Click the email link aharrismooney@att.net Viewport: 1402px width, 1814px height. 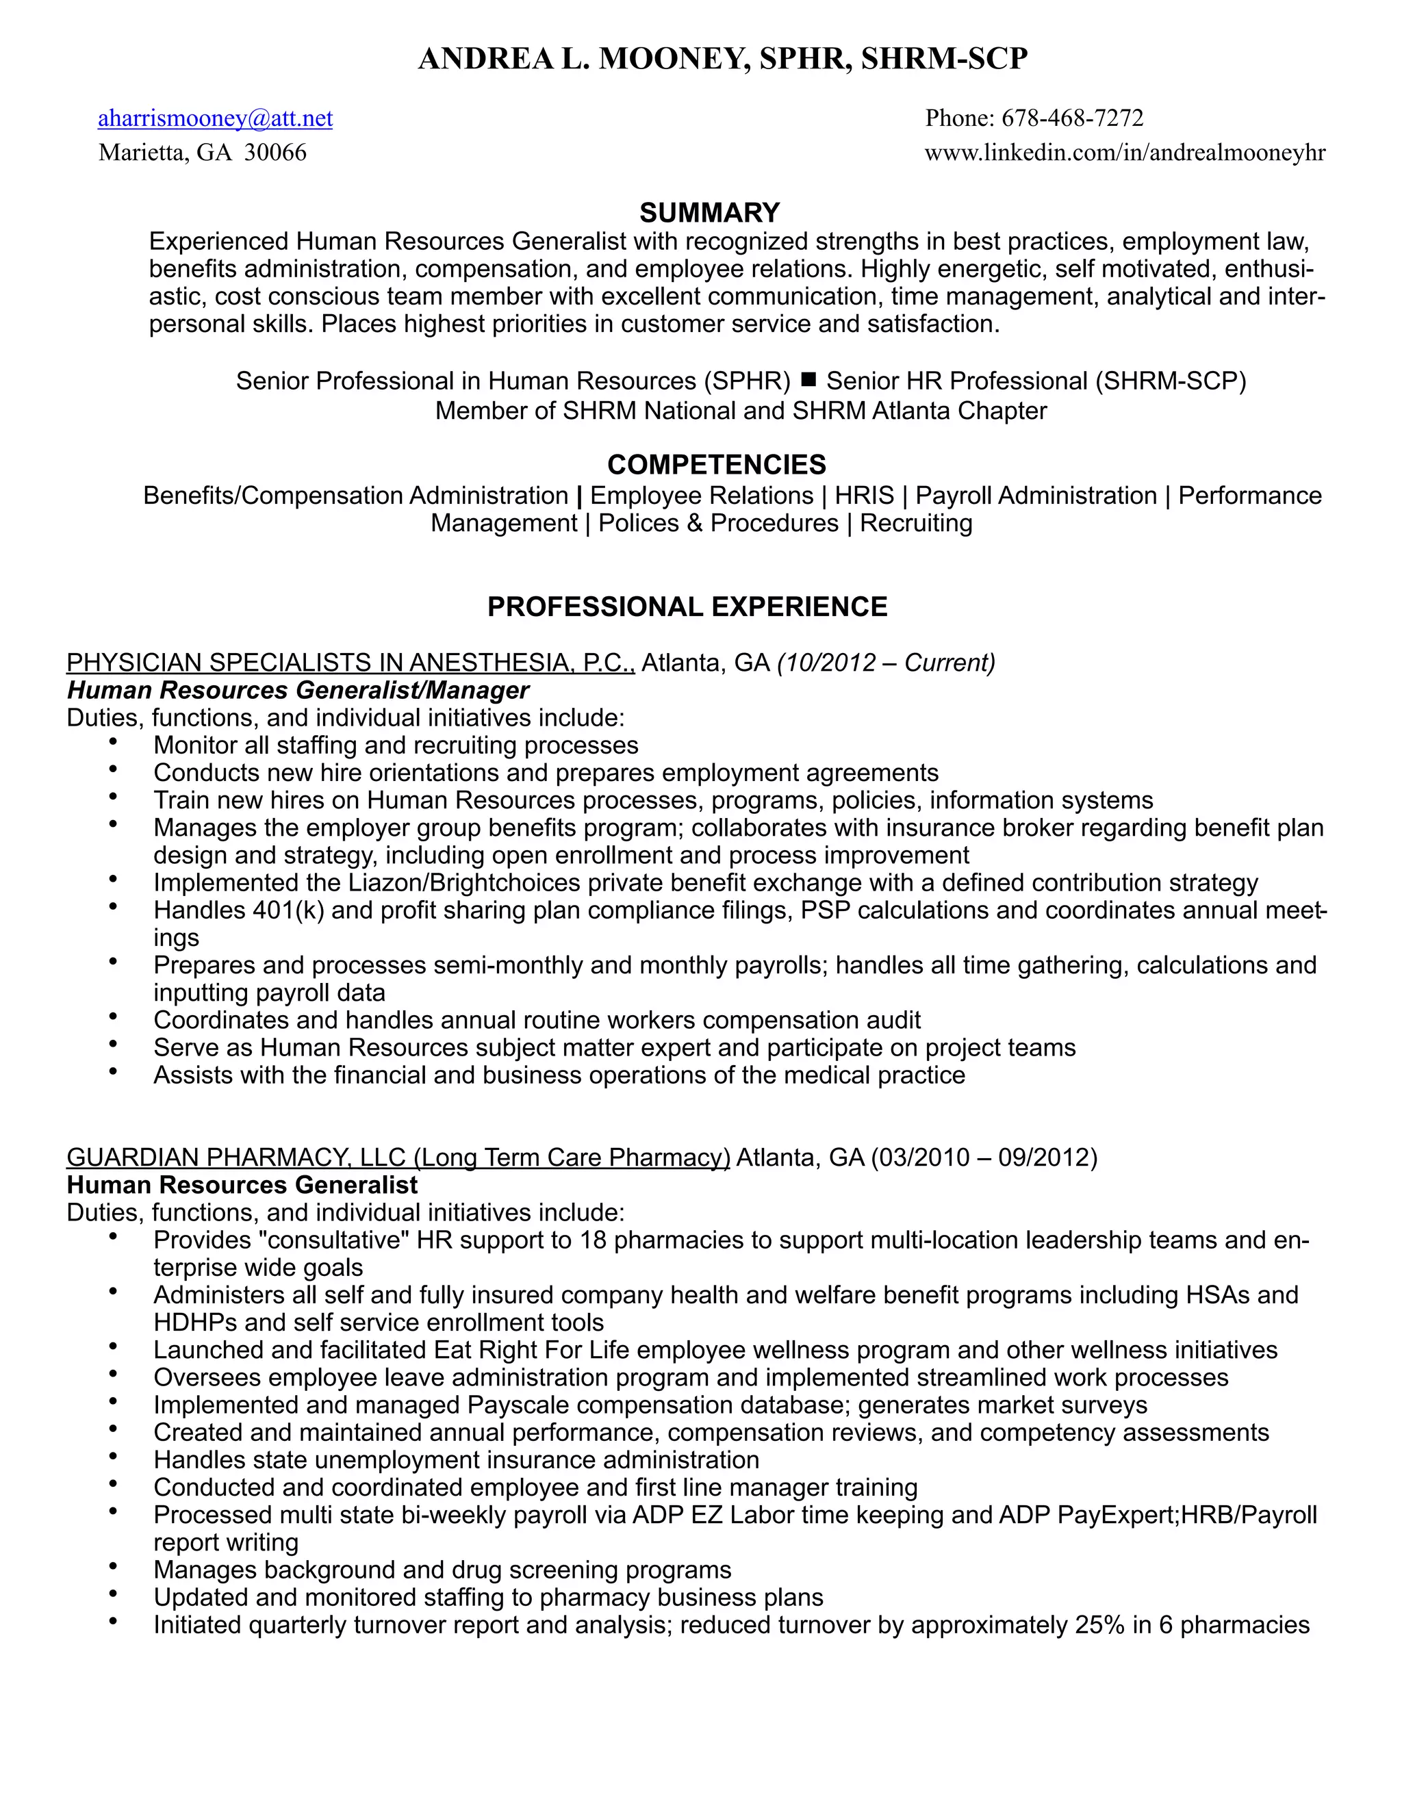click(x=215, y=119)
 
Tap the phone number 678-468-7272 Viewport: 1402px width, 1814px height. click(x=1072, y=119)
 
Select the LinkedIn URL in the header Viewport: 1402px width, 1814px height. click(x=1125, y=153)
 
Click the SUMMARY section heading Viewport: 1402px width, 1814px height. click(x=709, y=213)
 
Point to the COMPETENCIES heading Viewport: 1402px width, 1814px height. click(x=716, y=464)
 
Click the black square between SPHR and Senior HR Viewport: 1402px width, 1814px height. click(x=808, y=381)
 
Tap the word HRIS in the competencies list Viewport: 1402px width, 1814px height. click(x=864, y=496)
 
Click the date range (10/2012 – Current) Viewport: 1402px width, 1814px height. click(x=885, y=663)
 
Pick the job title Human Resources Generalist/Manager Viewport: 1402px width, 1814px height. click(x=297, y=690)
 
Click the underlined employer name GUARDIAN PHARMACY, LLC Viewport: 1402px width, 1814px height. click(x=236, y=1157)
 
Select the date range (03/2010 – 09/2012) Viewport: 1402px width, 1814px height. click(x=984, y=1157)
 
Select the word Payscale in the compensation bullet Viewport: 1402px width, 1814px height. click(x=517, y=1405)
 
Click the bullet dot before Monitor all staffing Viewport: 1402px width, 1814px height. click(x=112, y=742)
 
